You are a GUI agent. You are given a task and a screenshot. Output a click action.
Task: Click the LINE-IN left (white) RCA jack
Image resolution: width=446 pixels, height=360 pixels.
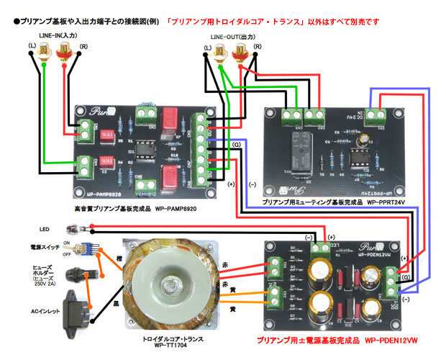pos(45,52)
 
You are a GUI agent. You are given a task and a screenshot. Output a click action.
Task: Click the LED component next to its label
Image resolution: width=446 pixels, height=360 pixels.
pos(73,230)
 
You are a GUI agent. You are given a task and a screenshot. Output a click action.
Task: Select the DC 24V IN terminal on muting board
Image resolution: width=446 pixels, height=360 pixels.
pos(375,113)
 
